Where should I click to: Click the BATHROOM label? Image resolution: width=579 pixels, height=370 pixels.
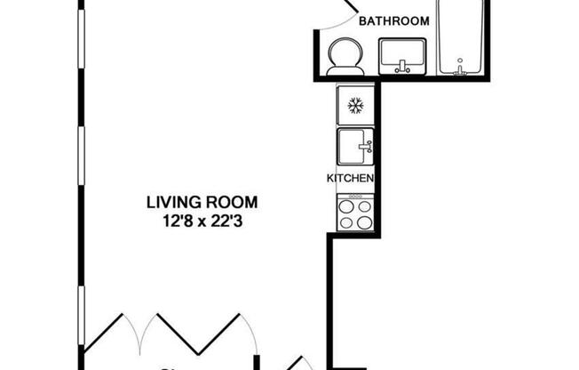[393, 20]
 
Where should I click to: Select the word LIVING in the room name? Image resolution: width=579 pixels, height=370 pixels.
[169, 202]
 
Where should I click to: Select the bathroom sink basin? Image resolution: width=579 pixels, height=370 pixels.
[403, 56]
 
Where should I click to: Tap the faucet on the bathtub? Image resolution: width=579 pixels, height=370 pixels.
[459, 66]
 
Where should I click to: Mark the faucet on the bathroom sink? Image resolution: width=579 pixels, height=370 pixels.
[403, 66]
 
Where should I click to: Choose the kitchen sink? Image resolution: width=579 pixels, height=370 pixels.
[355, 145]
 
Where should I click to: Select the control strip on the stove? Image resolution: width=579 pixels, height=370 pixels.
[355, 197]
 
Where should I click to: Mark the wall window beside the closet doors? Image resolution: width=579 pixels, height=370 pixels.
[81, 316]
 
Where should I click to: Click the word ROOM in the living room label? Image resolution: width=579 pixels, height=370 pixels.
[221, 202]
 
